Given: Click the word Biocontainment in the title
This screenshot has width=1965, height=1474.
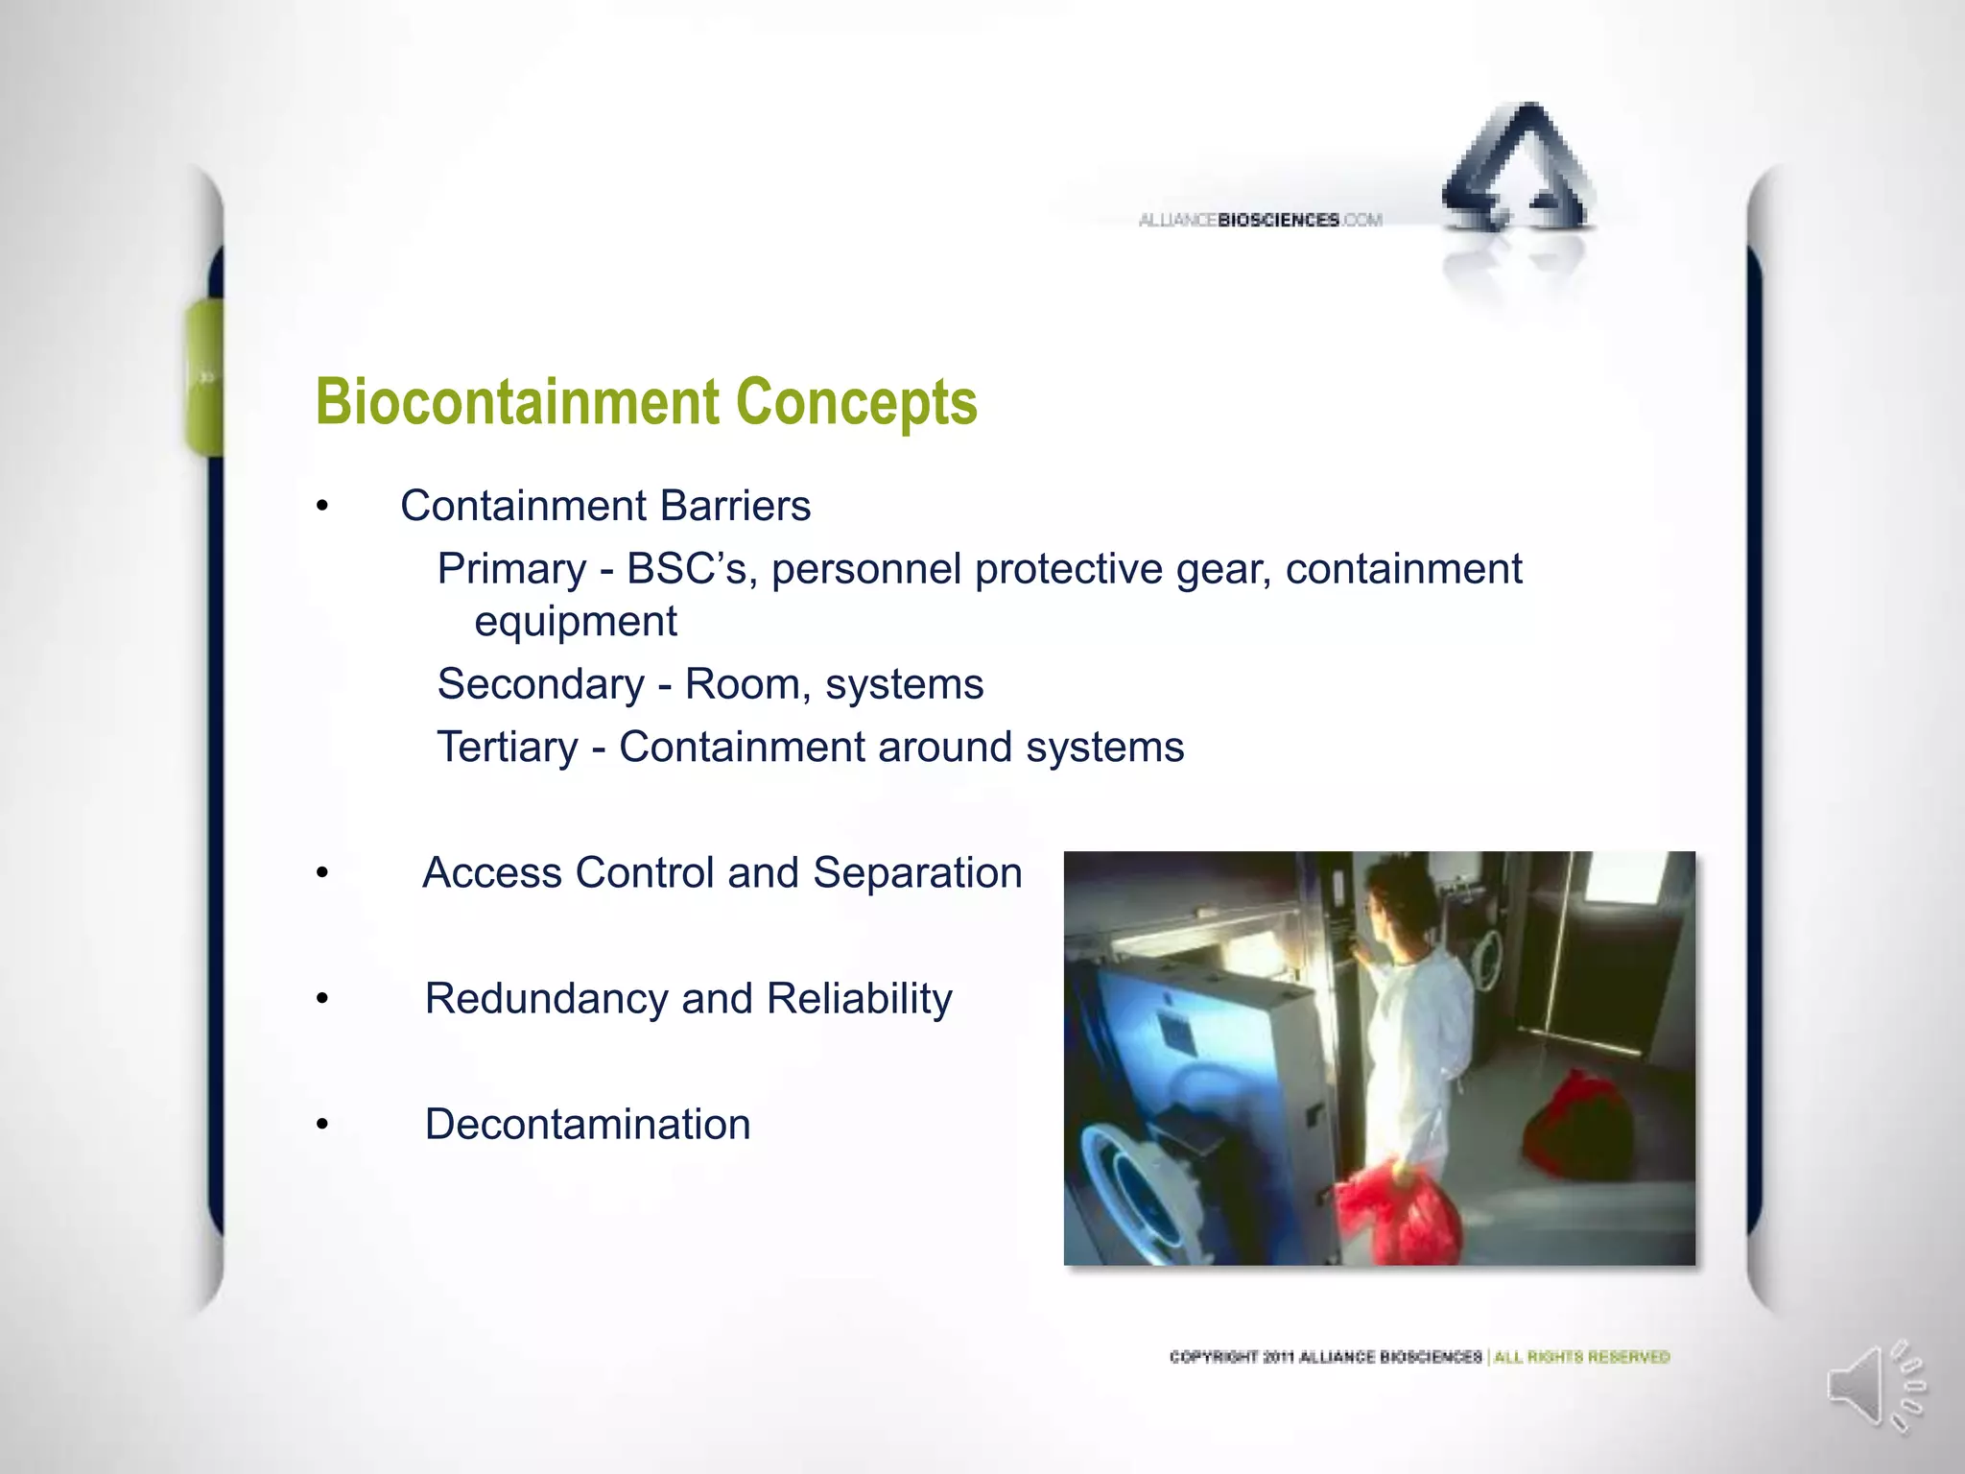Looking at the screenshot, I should (517, 401).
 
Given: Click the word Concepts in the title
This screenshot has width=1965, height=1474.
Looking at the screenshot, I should (856, 401).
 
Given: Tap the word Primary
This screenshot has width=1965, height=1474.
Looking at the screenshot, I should (511, 569).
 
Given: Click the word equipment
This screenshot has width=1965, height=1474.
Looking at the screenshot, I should (576, 621).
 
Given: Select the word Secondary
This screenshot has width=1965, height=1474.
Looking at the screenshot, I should (540, 684).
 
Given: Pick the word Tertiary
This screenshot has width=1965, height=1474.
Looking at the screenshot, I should (508, 748).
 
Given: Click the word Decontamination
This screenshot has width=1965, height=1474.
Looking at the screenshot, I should (587, 1125).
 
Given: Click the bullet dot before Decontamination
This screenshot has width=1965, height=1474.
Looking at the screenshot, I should (323, 1125).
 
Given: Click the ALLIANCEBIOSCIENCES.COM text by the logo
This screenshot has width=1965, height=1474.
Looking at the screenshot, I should (1260, 220).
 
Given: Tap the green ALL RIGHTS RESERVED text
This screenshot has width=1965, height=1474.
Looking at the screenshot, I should (1581, 1357).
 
